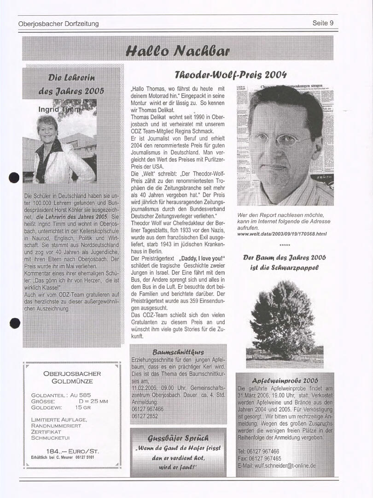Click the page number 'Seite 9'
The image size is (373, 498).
click(322, 23)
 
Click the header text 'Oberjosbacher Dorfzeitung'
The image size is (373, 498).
click(58, 24)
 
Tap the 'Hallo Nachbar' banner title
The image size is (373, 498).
click(177, 49)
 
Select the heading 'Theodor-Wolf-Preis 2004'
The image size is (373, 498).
click(231, 75)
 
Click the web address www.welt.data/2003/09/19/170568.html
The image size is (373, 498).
click(282, 234)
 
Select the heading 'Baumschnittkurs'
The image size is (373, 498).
click(178, 352)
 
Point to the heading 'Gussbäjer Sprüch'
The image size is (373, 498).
click(178, 438)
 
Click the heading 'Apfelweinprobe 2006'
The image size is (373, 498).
click(285, 380)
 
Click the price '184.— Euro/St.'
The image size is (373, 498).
click(72, 451)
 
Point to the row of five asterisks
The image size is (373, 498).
click(285, 246)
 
